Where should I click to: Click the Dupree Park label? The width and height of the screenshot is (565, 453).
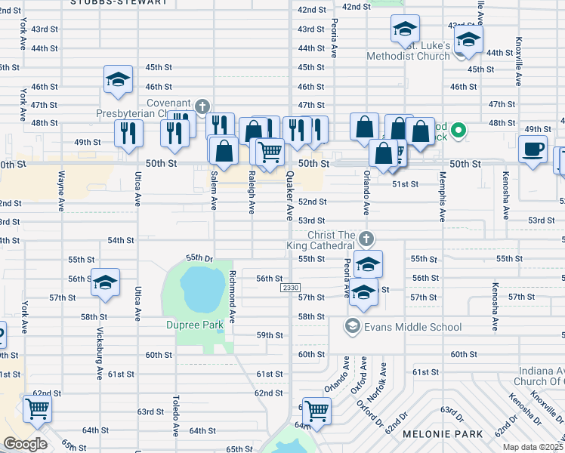click(195, 325)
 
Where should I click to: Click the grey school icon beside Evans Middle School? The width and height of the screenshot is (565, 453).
click(351, 326)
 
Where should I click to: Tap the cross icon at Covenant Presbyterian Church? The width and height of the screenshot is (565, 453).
click(202, 106)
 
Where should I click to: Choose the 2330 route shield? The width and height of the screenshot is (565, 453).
click(290, 288)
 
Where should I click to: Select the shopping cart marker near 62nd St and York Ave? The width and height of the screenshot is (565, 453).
click(38, 408)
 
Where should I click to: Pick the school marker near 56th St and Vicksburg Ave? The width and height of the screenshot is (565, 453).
click(104, 282)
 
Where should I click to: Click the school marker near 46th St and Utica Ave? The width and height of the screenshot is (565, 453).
click(118, 79)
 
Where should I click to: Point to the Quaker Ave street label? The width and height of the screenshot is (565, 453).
click(289, 195)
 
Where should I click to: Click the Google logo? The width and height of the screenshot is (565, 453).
click(26, 444)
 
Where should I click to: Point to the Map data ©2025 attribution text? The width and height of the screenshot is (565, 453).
click(533, 447)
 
